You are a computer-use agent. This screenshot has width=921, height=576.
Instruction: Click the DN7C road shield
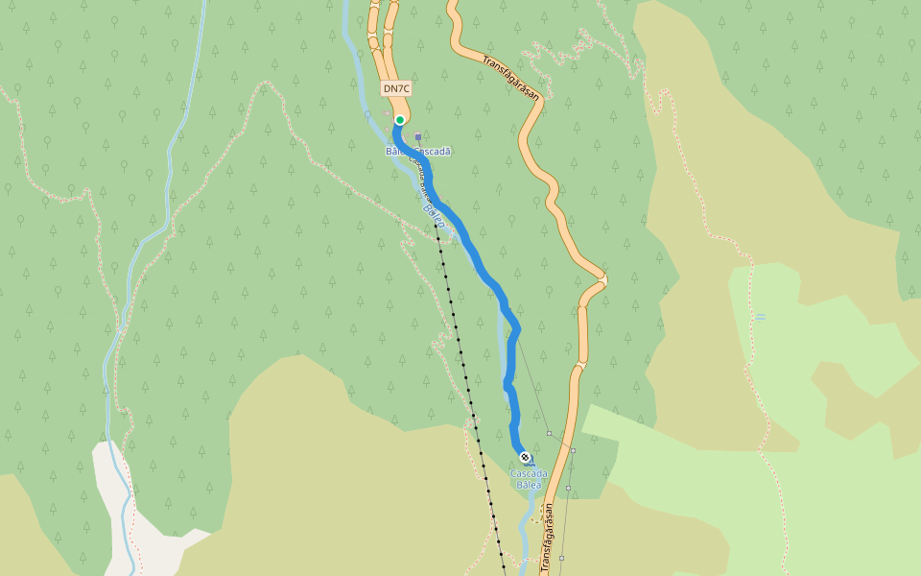396,89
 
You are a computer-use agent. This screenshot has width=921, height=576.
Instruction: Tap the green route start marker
400,120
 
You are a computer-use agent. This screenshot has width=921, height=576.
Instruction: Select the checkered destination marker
525,457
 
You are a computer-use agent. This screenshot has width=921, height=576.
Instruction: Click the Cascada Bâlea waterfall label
529,479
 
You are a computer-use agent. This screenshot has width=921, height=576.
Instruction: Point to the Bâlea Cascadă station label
418,152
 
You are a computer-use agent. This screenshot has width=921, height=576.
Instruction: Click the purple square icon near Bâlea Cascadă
418,137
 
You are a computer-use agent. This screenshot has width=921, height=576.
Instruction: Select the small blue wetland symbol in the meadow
760,317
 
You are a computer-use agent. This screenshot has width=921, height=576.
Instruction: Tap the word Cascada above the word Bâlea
529,473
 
